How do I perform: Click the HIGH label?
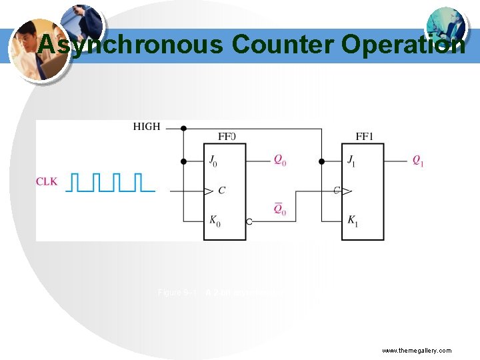click(147, 126)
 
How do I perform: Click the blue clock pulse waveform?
click(109, 182)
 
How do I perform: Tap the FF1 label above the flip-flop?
click(363, 137)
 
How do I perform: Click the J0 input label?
click(213, 161)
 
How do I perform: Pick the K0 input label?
click(214, 220)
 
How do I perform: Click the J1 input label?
click(351, 161)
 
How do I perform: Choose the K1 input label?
click(352, 220)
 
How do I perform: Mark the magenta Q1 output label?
click(418, 161)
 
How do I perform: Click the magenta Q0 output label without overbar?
click(281, 161)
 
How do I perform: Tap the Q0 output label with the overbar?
click(281, 209)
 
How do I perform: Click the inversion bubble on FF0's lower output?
click(249, 221)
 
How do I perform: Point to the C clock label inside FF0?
click(221, 191)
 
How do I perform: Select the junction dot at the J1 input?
click(321, 161)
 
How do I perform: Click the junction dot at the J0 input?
click(183, 161)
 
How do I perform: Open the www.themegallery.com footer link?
click(417, 350)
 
